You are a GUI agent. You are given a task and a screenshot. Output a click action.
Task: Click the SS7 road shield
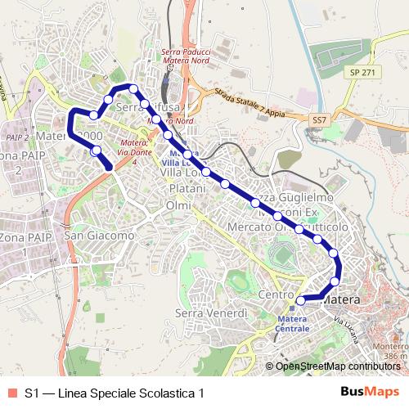319,119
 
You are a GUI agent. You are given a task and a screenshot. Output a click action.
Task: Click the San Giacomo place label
99,236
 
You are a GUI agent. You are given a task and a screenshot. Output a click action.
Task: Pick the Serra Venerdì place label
211,313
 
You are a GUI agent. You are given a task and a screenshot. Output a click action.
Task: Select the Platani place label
186,190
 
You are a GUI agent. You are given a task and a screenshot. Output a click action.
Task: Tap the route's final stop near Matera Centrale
300,300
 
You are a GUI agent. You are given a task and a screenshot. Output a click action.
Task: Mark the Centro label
275,294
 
